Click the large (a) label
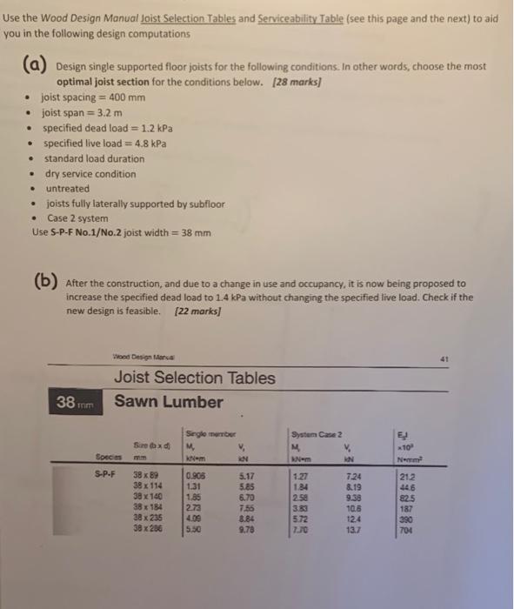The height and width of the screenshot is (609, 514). click(37, 64)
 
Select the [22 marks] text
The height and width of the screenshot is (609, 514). click(197, 311)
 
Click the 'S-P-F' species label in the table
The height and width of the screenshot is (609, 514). click(105, 476)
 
